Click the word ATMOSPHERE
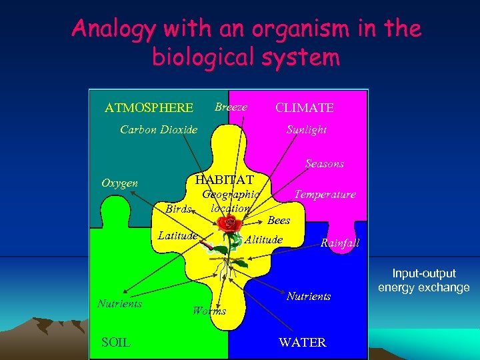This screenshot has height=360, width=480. [x=149, y=108]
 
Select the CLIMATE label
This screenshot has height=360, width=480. [x=305, y=108]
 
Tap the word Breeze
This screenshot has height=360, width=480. [x=231, y=107]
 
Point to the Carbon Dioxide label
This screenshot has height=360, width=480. [x=159, y=129]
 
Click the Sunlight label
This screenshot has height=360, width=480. [x=307, y=129]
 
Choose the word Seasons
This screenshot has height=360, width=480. [x=325, y=163]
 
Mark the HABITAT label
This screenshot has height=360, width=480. [x=224, y=179]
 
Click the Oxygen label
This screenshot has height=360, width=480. [x=119, y=183]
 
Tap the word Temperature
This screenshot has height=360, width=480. [x=325, y=195]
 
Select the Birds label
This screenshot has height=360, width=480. [x=179, y=209]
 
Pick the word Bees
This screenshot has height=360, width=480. [x=279, y=220]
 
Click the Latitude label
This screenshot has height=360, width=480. [x=177, y=235]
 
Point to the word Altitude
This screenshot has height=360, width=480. [x=265, y=239]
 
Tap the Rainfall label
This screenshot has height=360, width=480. [x=340, y=243]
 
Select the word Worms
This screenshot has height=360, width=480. [x=209, y=310]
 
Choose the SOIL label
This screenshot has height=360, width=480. [x=116, y=343]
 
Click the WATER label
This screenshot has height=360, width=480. [x=303, y=343]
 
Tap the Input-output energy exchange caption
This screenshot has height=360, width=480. [x=424, y=281]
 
